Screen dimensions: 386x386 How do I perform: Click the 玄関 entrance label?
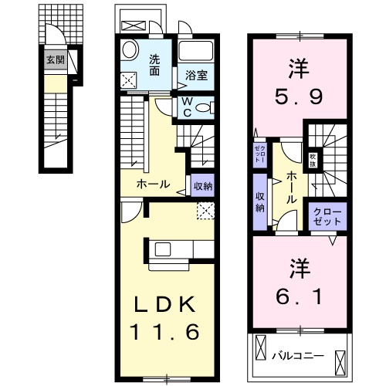coord(54,59)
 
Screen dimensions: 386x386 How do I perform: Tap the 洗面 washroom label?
coord(155,64)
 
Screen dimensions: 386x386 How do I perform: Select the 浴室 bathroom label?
coord(196,76)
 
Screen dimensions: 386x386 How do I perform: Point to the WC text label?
coord(188,107)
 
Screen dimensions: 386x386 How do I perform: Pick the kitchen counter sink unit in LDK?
coord(166,248)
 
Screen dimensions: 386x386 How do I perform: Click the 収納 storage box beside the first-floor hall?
coord(203,185)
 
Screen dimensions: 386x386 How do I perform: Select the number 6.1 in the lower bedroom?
coord(298,294)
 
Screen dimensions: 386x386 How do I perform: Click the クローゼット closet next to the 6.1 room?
coord(325,215)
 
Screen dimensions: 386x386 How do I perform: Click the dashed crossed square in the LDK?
coord(205,208)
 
